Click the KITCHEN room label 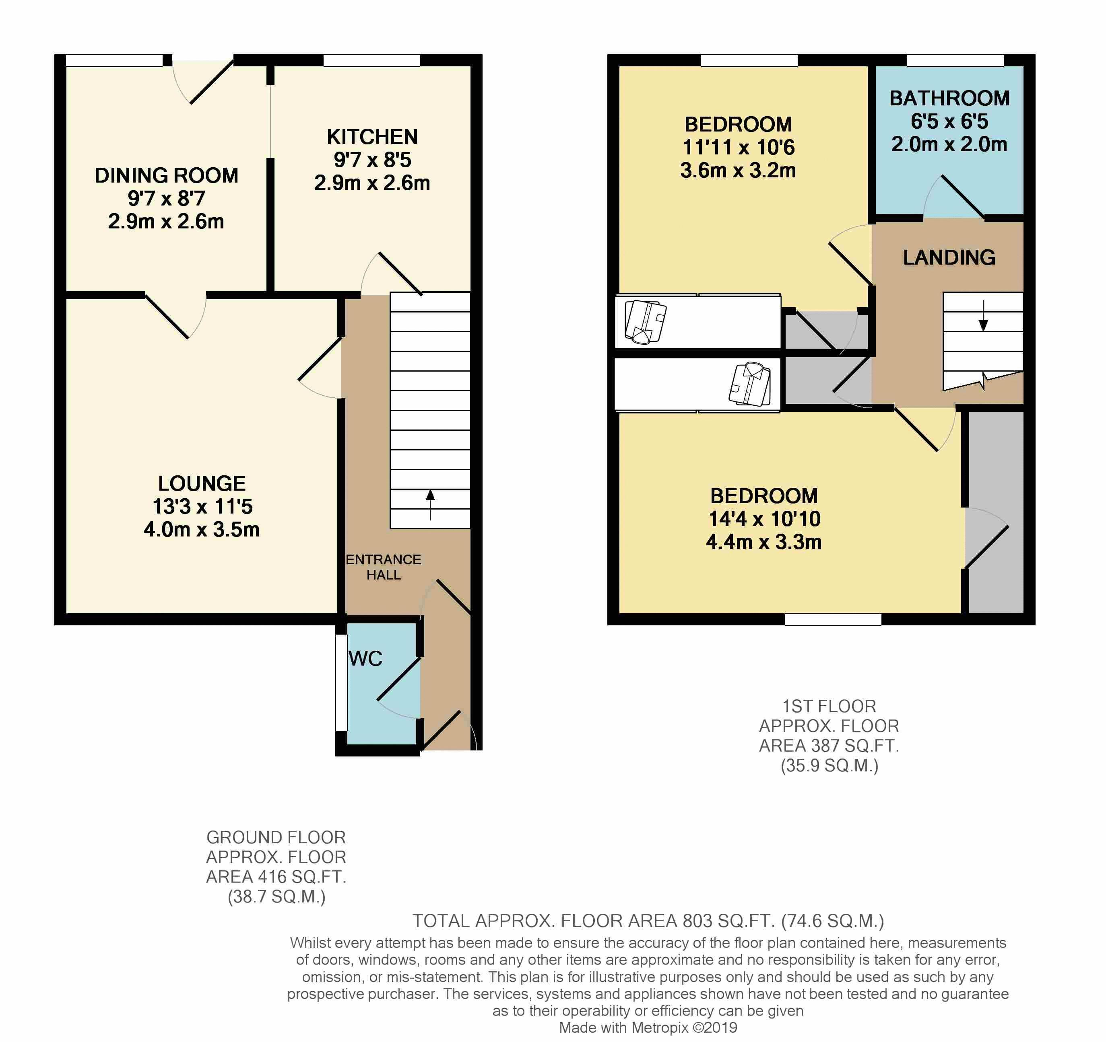[x=372, y=137]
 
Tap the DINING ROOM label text [x=166, y=176]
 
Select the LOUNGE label [x=202, y=483]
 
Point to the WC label [x=365, y=658]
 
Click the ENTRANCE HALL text [x=383, y=567]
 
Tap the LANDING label [x=949, y=257]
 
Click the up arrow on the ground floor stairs [x=430, y=504]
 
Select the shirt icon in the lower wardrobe [x=750, y=384]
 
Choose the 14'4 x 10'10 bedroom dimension [x=764, y=519]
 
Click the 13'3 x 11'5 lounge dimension [x=202, y=507]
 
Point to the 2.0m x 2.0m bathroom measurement [x=949, y=144]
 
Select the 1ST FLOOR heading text [x=829, y=706]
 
